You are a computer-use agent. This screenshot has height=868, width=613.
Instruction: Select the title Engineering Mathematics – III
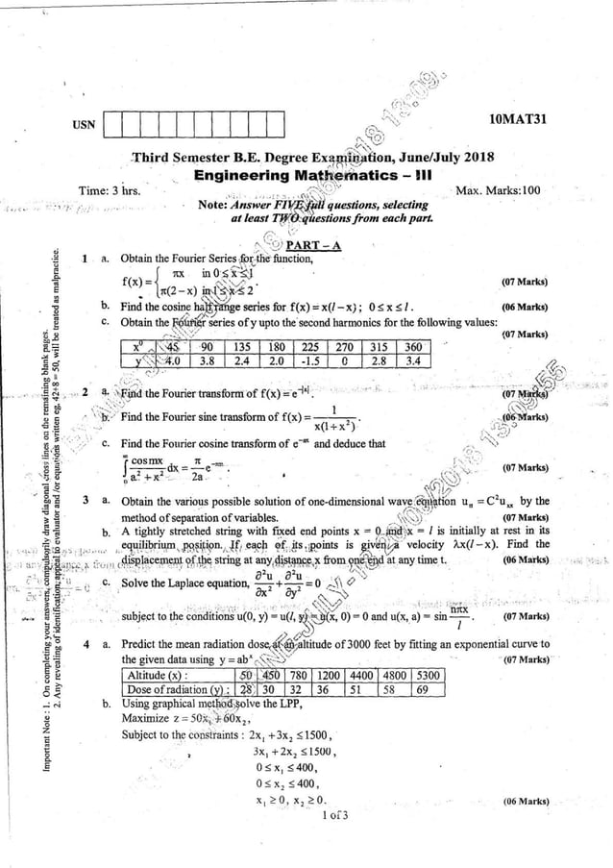306,175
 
